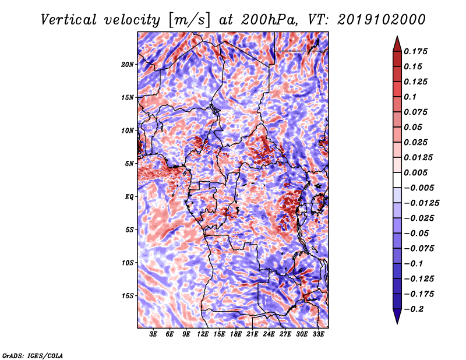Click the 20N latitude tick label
[x=127, y=65]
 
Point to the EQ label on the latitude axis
[x=129, y=197]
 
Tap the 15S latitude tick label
[x=128, y=296]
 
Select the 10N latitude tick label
[x=127, y=130]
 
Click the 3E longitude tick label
[x=153, y=334]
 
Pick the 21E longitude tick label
[x=252, y=334]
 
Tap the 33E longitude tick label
[x=318, y=334]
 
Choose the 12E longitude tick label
[x=203, y=334]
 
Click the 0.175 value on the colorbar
[x=415, y=51]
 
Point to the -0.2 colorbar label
[x=414, y=309]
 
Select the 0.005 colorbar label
[x=415, y=172]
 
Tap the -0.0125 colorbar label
[x=421, y=203]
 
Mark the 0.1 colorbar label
[x=410, y=97]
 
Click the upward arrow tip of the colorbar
[x=397, y=36]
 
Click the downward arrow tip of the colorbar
[x=397, y=324]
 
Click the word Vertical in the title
[x=69, y=20]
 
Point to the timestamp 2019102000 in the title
[x=382, y=20]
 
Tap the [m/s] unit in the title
[x=189, y=20]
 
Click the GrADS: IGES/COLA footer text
[x=33, y=356]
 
